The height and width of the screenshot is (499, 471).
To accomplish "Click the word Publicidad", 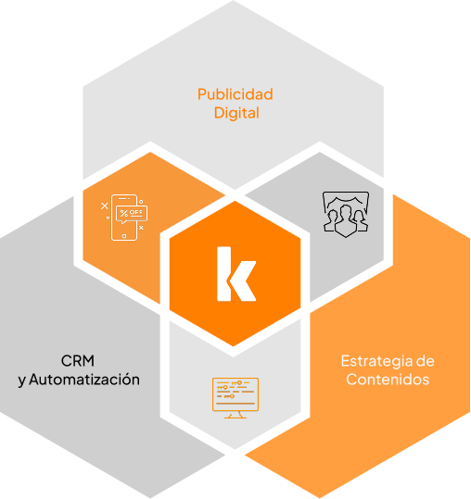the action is pyautogui.click(x=235, y=94).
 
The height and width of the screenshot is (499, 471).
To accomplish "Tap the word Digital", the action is pyautogui.click(x=236, y=113).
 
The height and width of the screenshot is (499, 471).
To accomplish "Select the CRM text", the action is pyautogui.click(x=78, y=361).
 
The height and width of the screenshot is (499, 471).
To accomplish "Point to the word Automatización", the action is pyautogui.click(x=84, y=380).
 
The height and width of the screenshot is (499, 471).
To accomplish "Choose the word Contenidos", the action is pyautogui.click(x=388, y=380).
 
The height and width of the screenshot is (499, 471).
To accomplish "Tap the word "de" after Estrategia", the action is pyautogui.click(x=426, y=361).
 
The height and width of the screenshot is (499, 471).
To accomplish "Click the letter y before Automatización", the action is pyautogui.click(x=22, y=380).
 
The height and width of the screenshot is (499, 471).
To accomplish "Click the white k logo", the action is pyautogui.click(x=236, y=274).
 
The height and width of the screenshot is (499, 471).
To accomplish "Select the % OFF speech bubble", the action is pyautogui.click(x=132, y=214).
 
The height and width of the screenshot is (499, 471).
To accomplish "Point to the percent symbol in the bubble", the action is pyautogui.click(x=124, y=213).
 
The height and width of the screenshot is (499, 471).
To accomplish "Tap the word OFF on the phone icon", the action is pyautogui.click(x=136, y=213).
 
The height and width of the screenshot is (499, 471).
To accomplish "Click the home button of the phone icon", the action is pyautogui.click(x=124, y=236).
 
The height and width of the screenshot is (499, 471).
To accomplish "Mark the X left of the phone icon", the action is pyautogui.click(x=105, y=206).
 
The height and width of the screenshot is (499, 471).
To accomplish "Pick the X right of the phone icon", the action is pyautogui.click(x=141, y=228).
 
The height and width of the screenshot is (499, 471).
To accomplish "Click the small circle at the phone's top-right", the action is pyautogui.click(x=141, y=202).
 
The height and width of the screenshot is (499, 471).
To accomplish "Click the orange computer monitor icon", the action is pyautogui.click(x=235, y=398).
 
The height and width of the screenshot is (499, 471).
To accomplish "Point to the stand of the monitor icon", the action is pyautogui.click(x=235, y=415).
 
